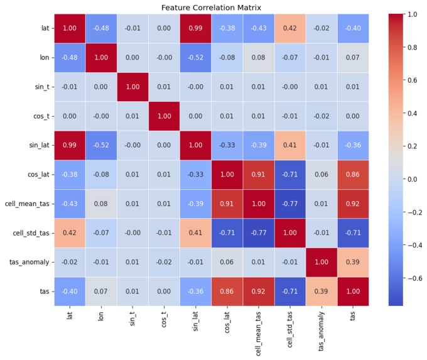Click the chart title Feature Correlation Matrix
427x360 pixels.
click(211, 7)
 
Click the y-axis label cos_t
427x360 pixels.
click(41, 116)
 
